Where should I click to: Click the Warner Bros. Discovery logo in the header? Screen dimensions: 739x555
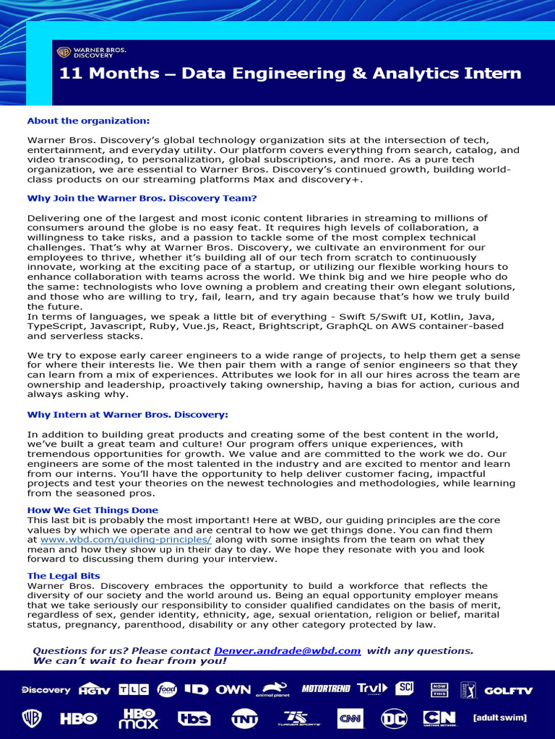pyautogui.click(x=91, y=52)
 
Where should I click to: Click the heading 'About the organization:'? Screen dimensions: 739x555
pyautogui.click(x=88, y=121)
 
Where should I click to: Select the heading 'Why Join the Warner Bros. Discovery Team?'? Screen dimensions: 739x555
pyautogui.click(x=142, y=198)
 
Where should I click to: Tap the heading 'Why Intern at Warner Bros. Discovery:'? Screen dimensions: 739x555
pyautogui.click(x=127, y=415)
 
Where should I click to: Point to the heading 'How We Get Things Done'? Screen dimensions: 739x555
pyautogui.click(x=92, y=510)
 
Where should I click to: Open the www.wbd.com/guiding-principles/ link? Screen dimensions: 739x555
pyautogui.click(x=126, y=539)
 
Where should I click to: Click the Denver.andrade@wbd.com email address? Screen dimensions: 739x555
pyautogui.click(x=287, y=650)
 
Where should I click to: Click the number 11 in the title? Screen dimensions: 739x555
pyautogui.click(x=69, y=74)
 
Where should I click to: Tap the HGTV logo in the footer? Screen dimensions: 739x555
pyautogui.click(x=95, y=689)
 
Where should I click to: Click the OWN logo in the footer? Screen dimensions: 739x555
pyautogui.click(x=233, y=689)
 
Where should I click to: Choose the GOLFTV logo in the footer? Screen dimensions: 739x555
pyautogui.click(x=508, y=690)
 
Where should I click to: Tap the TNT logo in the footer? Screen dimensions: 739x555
pyautogui.click(x=244, y=718)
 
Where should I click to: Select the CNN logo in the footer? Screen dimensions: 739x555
pyautogui.click(x=349, y=718)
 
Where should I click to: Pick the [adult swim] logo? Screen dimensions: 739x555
pyautogui.click(x=499, y=718)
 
